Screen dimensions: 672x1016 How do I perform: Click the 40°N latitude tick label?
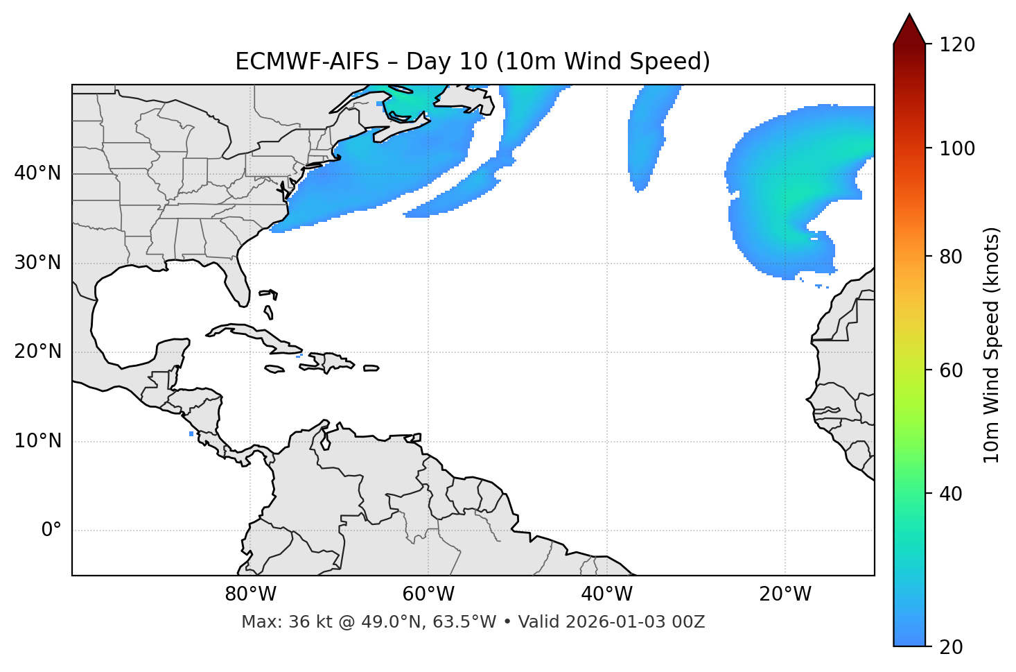pyautogui.click(x=37, y=173)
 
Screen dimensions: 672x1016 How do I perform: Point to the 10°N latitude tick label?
pyautogui.click(x=37, y=441)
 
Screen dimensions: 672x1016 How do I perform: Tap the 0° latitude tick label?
pyautogui.click(x=51, y=531)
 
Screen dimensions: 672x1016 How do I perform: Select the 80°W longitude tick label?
pyautogui.click(x=250, y=594)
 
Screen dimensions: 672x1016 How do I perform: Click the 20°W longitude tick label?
pyautogui.click(x=785, y=594)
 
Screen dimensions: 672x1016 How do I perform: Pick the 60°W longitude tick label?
pyautogui.click(x=428, y=594)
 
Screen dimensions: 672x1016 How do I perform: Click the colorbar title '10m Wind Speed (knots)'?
pyautogui.click(x=992, y=345)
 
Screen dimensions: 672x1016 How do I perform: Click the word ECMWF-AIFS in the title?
pyautogui.click(x=307, y=62)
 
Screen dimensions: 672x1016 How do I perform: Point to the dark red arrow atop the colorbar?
pyautogui.click(x=909, y=29)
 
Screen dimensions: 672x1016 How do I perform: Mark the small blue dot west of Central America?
pyautogui.click(x=191, y=434)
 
